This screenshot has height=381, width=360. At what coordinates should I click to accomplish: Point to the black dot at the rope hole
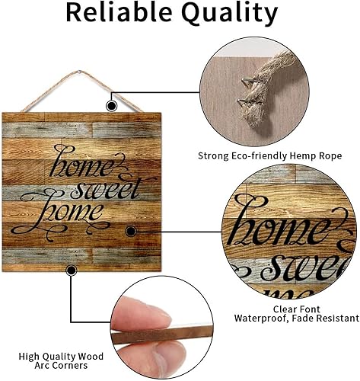tap(112, 106)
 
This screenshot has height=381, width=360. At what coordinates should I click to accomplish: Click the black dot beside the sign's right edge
tap(131, 230)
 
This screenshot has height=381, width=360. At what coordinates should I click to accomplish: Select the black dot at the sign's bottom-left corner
tap(72, 269)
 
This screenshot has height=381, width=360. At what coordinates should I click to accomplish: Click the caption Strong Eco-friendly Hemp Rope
tap(270, 156)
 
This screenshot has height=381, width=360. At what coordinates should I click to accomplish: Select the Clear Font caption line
tap(297, 309)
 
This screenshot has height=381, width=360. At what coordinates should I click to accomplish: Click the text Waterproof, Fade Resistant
tap(297, 319)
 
